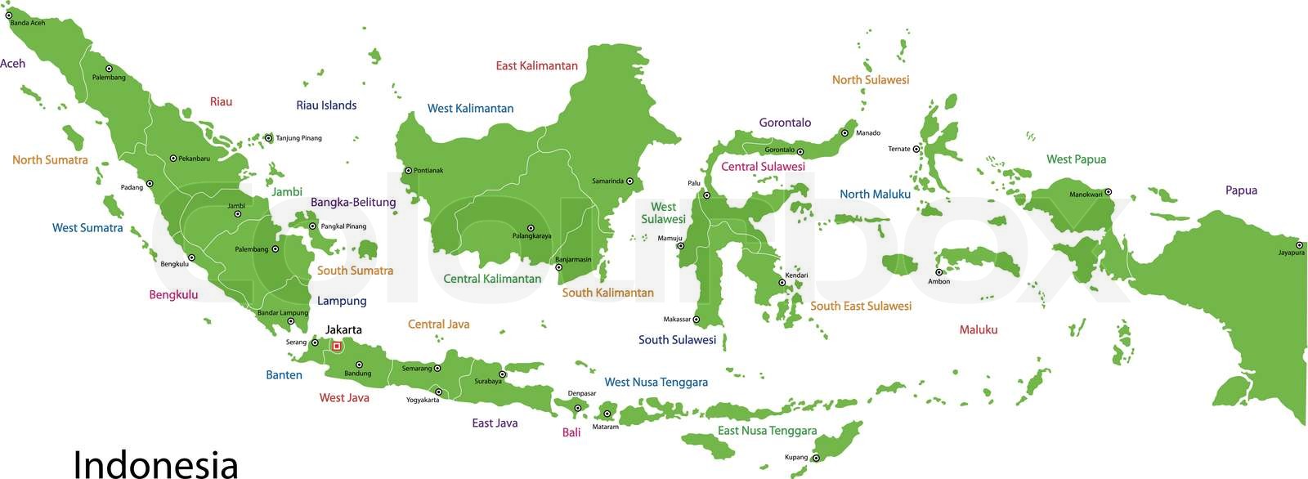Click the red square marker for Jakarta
pyautogui.click(x=336, y=347)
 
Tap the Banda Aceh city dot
pyautogui.click(x=9, y=15)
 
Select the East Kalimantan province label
pyautogui.click(x=536, y=65)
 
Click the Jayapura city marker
pyautogui.click(x=1299, y=244)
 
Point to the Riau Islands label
pyautogui.click(x=326, y=105)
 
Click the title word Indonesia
pyautogui.click(x=155, y=463)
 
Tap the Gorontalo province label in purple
pyautogui.click(x=785, y=123)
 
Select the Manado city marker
pyautogui.click(x=844, y=132)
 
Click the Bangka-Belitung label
pyautogui.click(x=353, y=202)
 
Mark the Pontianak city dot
pyautogui.click(x=409, y=171)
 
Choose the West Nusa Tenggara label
pyautogui.click(x=656, y=382)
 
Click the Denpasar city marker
pyautogui.click(x=577, y=408)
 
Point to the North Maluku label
pyautogui.click(x=875, y=194)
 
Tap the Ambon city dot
pyautogui.click(x=939, y=272)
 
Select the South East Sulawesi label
pyautogui.click(x=861, y=306)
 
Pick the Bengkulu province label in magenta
pyautogui.click(x=173, y=294)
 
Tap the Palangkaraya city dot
pyautogui.click(x=530, y=228)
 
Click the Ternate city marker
pyautogui.click(x=916, y=149)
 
